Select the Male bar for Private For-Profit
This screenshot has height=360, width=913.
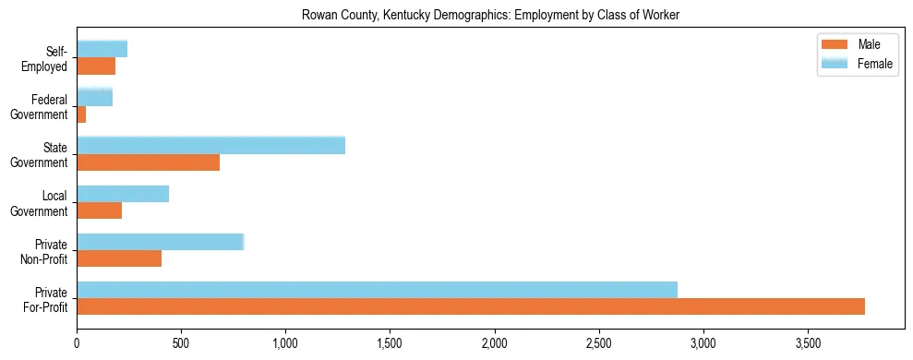click(471, 306)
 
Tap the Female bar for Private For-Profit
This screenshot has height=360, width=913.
click(377, 290)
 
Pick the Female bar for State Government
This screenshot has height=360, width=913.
click(210, 145)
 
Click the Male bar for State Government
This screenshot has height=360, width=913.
click(148, 162)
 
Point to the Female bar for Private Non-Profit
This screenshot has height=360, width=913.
click(160, 242)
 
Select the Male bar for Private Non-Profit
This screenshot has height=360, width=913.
click(119, 258)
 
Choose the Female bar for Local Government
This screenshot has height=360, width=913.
click(123, 194)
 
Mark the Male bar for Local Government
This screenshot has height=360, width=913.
click(99, 210)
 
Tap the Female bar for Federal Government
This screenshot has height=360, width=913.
click(94, 97)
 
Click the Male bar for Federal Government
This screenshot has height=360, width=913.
click(81, 114)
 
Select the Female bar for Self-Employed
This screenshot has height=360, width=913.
click(102, 49)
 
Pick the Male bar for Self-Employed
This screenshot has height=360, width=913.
click(96, 66)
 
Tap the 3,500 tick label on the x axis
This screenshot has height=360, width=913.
click(808, 342)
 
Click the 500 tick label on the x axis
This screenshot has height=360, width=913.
click(181, 342)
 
